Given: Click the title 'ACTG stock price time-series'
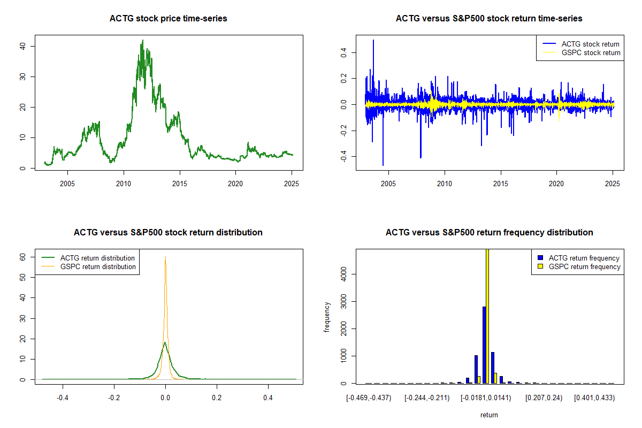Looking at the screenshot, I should (x=168, y=19).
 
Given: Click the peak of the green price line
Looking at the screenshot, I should (x=142, y=40).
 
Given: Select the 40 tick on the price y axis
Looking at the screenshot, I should (x=24, y=46).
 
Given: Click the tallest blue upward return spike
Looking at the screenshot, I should (x=373, y=40).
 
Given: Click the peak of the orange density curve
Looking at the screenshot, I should (x=165, y=257).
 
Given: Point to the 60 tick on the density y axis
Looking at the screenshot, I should (x=24, y=257).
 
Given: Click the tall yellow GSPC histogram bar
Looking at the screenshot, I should (x=487, y=316).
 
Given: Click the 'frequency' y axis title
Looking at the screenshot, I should (x=327, y=316).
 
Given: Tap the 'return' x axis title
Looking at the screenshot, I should (x=489, y=415).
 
